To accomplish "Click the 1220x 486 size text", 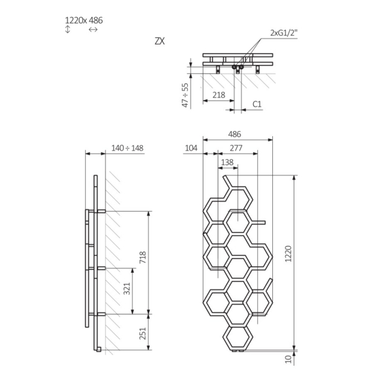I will coord(84,20).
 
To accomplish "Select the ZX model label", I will coord(160,41).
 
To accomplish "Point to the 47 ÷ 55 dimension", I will coord(185,95).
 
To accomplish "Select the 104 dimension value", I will coord(191,149).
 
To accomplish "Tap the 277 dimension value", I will coord(236,149).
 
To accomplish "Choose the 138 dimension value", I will coord(227,162).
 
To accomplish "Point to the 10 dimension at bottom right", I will coord(288,359).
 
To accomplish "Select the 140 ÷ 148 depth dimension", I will coord(128,148).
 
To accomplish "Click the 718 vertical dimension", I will coord(143,260).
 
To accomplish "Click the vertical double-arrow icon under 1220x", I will coord(67,31).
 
